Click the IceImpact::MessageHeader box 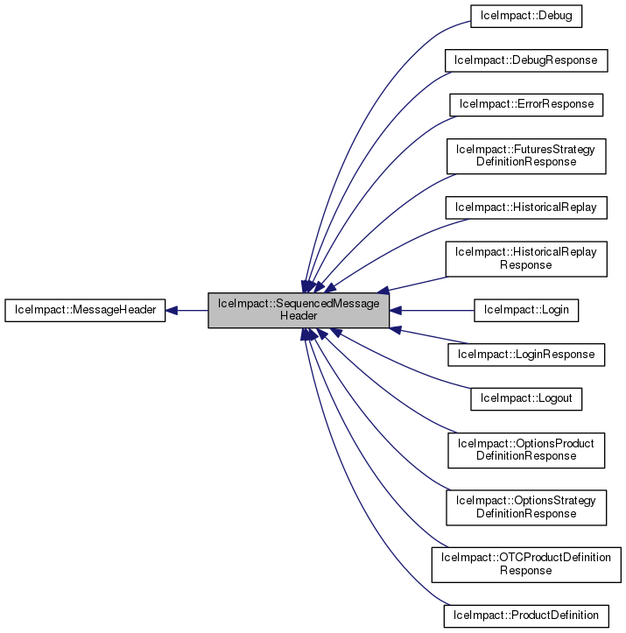pos(85,311)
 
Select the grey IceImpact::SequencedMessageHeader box pos(298,310)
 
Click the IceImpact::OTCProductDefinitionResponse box pos(525,564)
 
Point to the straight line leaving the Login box pos(433,310)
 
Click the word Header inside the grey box pos(298,316)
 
